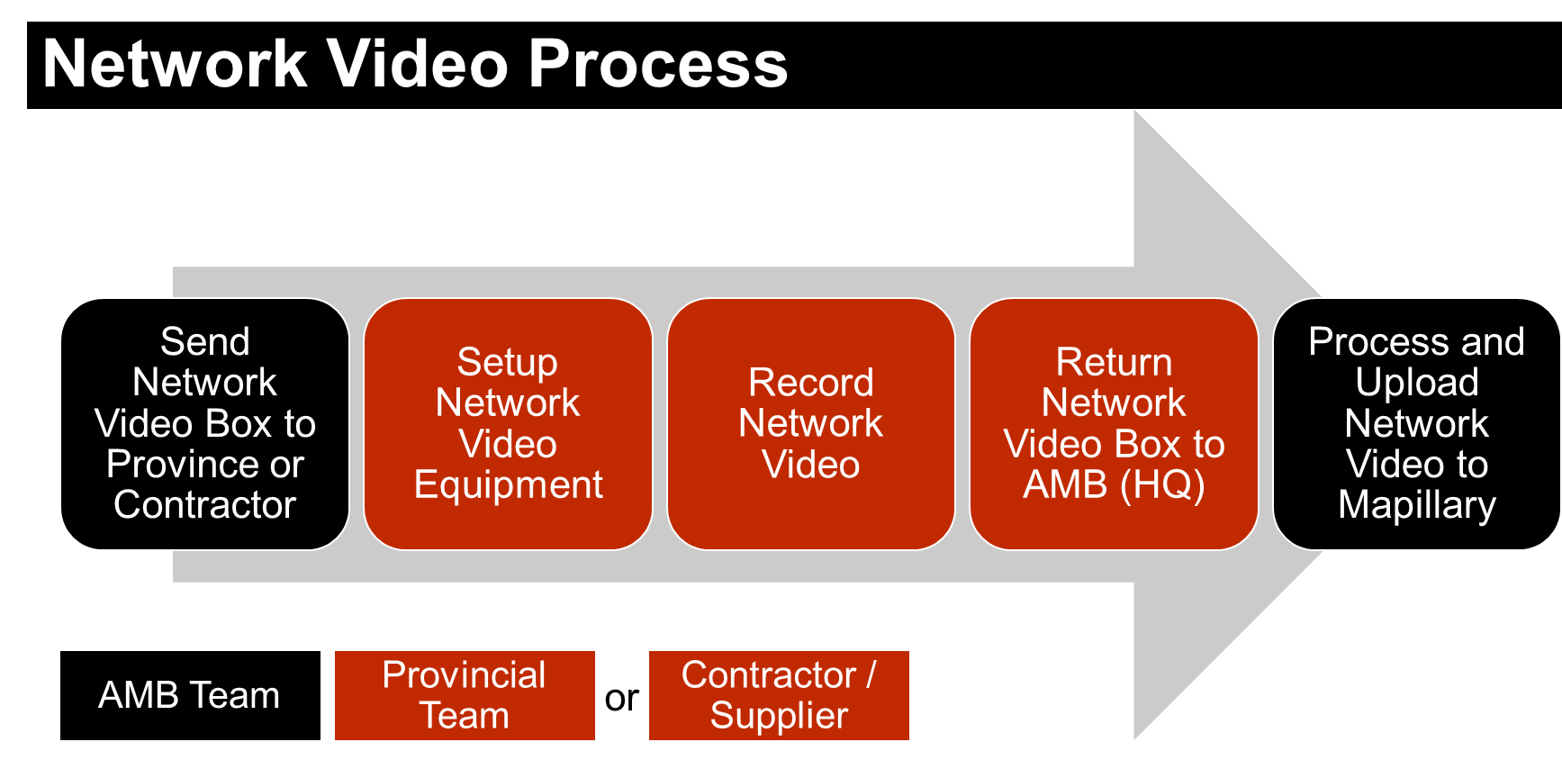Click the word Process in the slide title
(657, 65)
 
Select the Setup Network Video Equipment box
(508, 423)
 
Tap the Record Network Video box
(810, 423)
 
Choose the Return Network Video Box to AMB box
(1114, 423)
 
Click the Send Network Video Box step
(204, 423)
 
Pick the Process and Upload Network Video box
(1416, 423)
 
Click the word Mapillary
(1416, 505)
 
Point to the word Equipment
(508, 485)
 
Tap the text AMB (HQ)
(1114, 485)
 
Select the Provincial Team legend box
(465, 695)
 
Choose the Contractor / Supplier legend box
(779, 695)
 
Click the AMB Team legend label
(189, 695)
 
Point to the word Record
(810, 383)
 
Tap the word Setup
(508, 362)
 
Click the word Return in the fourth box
(1114, 362)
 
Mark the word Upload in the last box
(1416, 383)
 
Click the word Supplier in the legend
(779, 716)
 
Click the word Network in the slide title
(176, 65)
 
